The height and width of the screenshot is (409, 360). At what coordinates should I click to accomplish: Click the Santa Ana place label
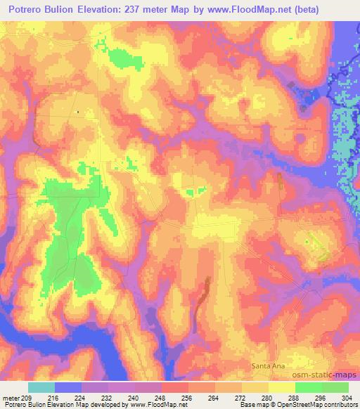[x=268, y=366]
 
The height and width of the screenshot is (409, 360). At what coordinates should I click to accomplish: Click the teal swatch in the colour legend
[x=41, y=388]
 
